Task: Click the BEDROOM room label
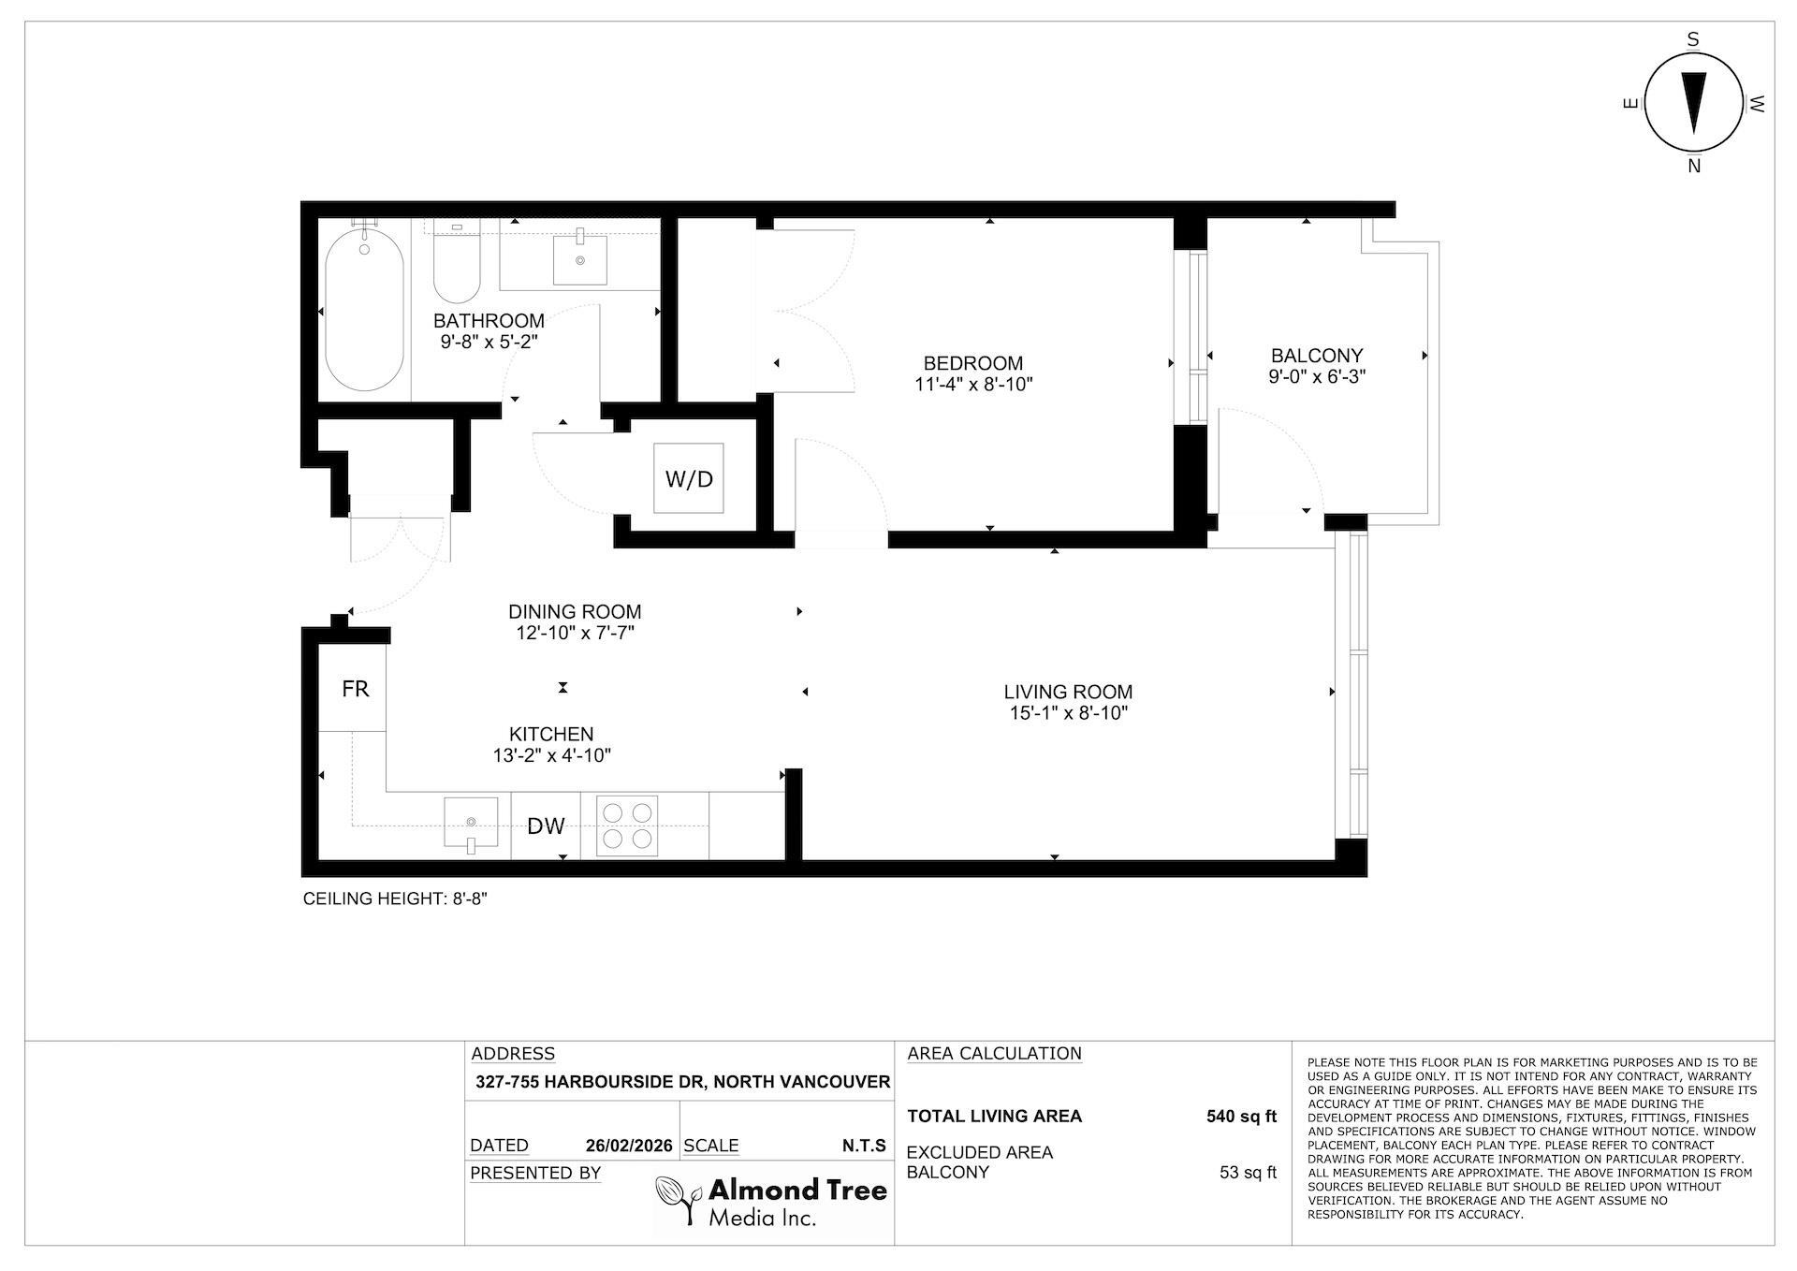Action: (972, 363)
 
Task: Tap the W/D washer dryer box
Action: (689, 478)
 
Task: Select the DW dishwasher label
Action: (547, 825)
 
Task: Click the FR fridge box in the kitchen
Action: (353, 688)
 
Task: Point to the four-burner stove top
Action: (627, 826)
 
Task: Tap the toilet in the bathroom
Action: (457, 261)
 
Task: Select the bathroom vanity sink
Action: (580, 257)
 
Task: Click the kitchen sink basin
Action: (472, 824)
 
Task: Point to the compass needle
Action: (1694, 103)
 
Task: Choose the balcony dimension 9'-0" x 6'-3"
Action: (1318, 376)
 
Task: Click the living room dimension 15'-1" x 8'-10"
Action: (1068, 713)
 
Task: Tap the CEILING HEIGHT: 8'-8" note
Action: (396, 898)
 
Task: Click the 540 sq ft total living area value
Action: (1242, 1116)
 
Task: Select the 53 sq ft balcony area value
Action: (1249, 1173)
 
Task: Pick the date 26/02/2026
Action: (629, 1146)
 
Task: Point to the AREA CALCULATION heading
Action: (994, 1053)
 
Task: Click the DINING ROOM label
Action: (575, 611)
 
